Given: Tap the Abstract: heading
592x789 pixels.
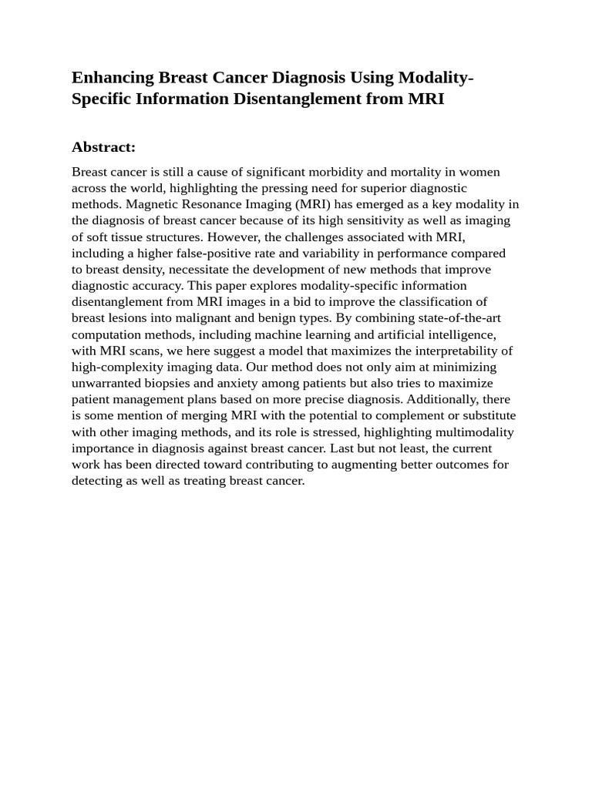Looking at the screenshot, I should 103,147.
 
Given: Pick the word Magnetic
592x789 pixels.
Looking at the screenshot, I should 151,204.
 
